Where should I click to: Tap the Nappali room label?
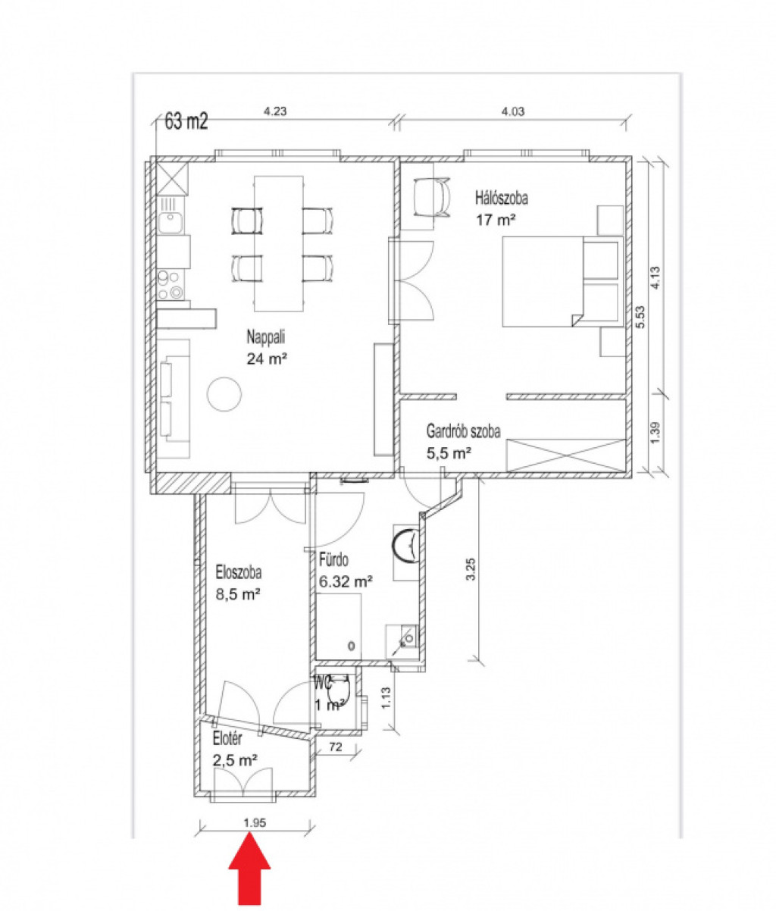(x=266, y=337)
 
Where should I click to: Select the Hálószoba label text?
(x=502, y=198)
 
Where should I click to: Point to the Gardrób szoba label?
(x=463, y=431)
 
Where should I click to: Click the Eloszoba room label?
(x=239, y=572)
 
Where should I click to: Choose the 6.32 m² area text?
(x=346, y=582)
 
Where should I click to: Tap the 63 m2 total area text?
(x=186, y=121)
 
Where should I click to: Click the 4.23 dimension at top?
(x=275, y=111)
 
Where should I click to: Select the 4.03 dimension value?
(x=513, y=111)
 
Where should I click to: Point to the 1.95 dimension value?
(x=255, y=823)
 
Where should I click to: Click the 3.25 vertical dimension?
(x=471, y=569)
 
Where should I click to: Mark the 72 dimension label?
(x=336, y=747)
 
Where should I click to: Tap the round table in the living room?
(x=224, y=394)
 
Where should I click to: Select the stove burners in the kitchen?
(x=171, y=284)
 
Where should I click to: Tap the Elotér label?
(x=227, y=739)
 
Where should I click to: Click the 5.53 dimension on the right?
(x=640, y=317)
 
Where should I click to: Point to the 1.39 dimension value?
(x=656, y=434)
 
